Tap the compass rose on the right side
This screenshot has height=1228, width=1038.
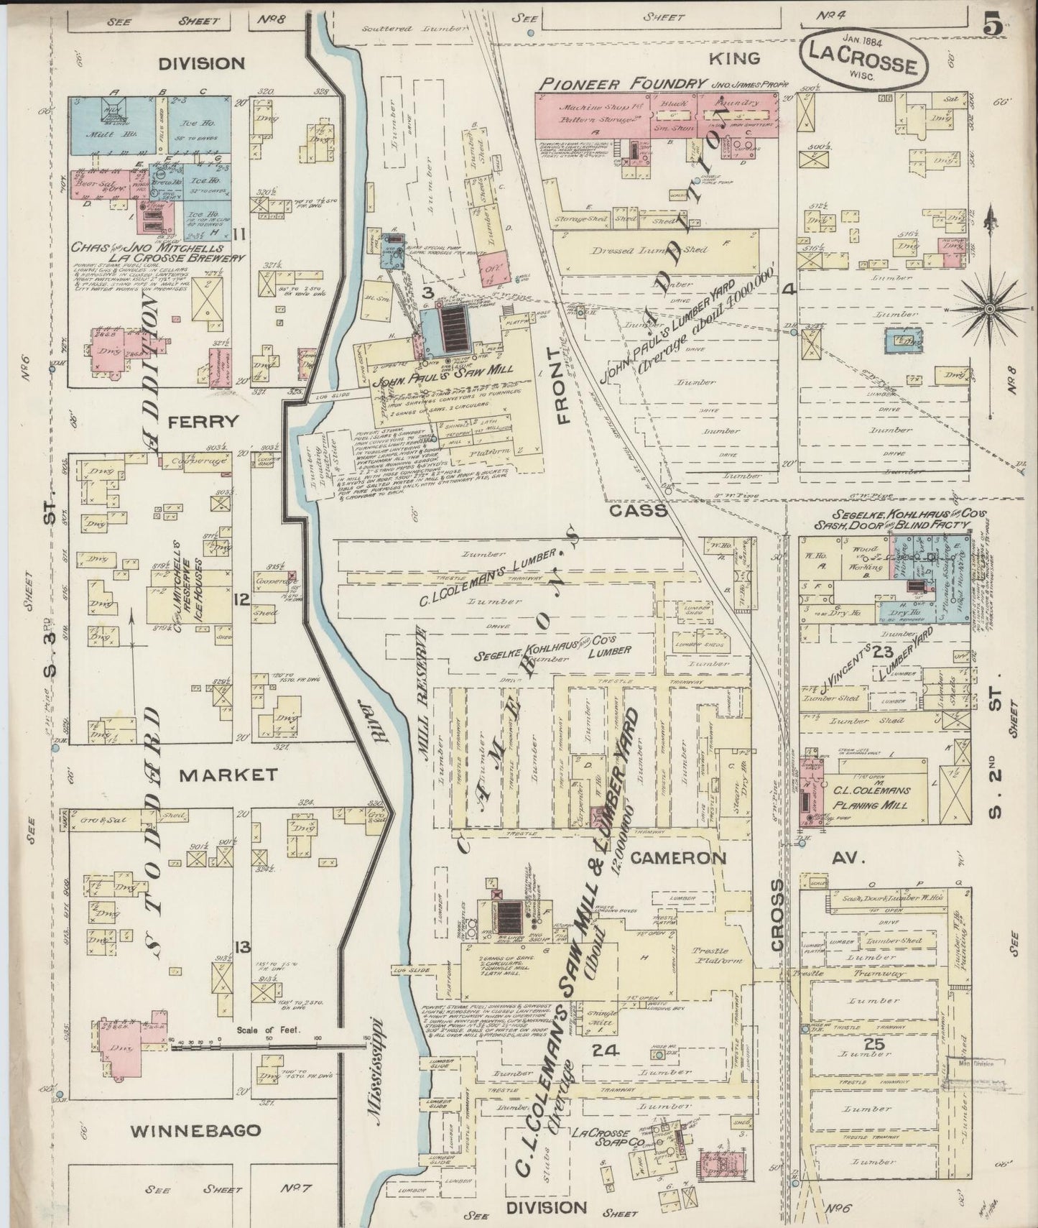click(989, 308)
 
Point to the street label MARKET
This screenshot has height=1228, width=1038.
click(228, 775)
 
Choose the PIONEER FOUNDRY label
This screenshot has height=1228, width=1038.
click(622, 83)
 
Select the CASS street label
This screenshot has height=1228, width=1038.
click(639, 510)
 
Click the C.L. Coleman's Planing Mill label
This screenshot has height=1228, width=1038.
click(871, 797)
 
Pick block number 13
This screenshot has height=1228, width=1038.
click(243, 948)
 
